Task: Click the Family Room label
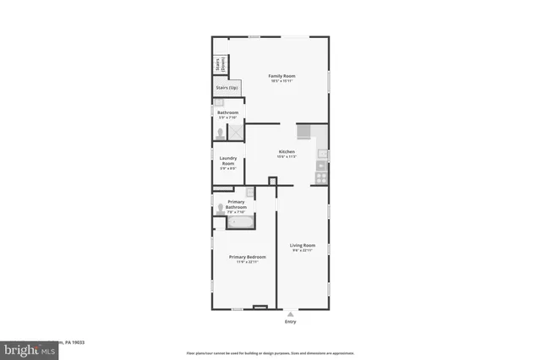pyautogui.click(x=281, y=76)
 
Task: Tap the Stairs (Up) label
pyautogui.click(x=227, y=87)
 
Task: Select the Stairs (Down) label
pyautogui.click(x=218, y=64)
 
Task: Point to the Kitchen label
pyautogui.click(x=287, y=151)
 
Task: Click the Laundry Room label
pyautogui.click(x=227, y=161)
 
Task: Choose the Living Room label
pyautogui.click(x=303, y=245)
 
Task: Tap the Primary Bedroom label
pyautogui.click(x=248, y=257)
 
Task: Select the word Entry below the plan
pyautogui.click(x=291, y=322)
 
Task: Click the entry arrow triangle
pyautogui.click(x=291, y=314)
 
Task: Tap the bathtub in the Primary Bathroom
pyautogui.click(x=240, y=222)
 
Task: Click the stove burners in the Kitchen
pyautogui.click(x=321, y=177)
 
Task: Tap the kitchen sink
pyautogui.click(x=322, y=155)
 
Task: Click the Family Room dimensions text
pyautogui.click(x=281, y=81)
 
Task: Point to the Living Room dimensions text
pyautogui.click(x=303, y=251)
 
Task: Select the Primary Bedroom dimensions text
pyautogui.click(x=248, y=262)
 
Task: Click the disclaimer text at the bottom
pyautogui.click(x=270, y=352)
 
